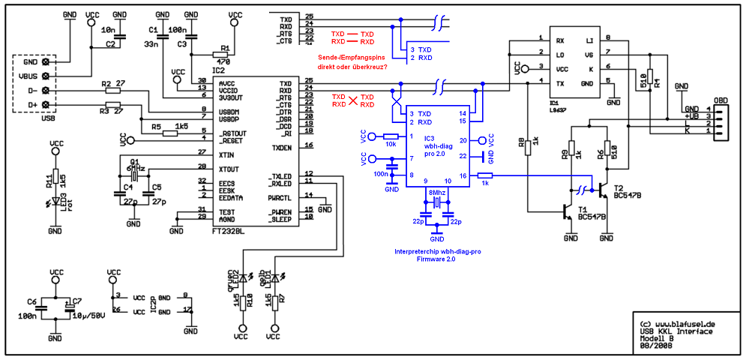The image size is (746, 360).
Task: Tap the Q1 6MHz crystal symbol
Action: click(136, 174)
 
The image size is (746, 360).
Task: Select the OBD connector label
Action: click(721, 100)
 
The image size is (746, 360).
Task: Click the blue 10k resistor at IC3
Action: click(390, 136)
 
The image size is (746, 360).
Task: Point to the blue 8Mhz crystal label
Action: click(436, 193)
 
